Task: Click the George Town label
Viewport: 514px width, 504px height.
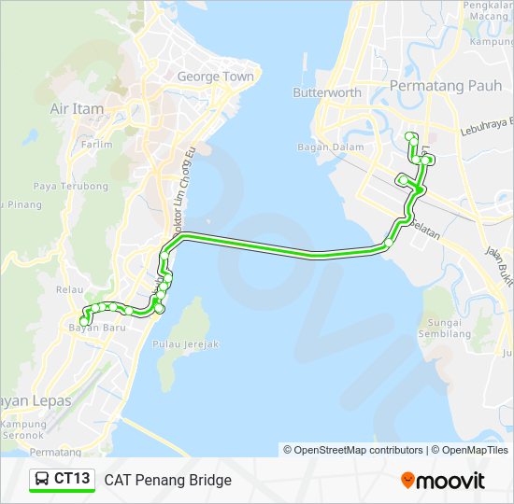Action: (215, 77)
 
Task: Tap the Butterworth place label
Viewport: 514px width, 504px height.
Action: (327, 92)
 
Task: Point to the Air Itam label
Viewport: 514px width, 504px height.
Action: (77, 109)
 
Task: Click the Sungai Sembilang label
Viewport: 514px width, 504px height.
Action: (444, 327)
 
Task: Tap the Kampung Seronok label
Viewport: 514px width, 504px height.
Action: (23, 429)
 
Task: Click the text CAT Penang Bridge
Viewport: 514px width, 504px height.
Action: (167, 480)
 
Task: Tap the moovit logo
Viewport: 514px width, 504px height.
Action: (443, 481)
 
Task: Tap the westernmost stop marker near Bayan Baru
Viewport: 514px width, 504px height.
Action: (84, 322)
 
